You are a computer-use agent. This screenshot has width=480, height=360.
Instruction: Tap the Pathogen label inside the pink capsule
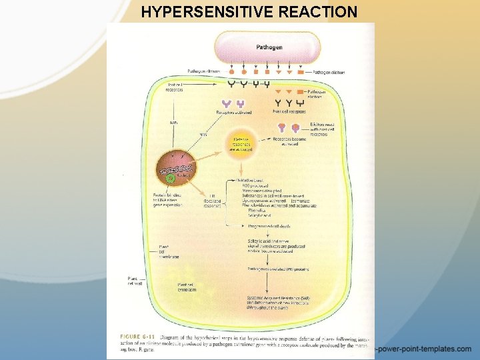pos(269,47)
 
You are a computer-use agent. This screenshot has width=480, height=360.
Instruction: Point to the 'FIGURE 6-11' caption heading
pos(139,335)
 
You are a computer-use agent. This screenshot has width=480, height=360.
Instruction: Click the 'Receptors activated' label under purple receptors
pos(234,113)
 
